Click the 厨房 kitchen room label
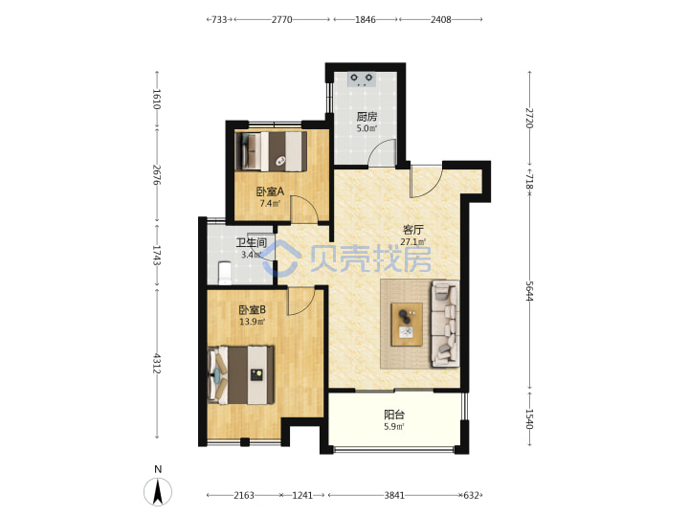pyautogui.click(x=367, y=117)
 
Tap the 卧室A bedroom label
pyautogui.click(x=270, y=191)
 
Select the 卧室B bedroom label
pyautogui.click(x=253, y=310)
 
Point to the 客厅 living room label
pyautogui.click(x=413, y=230)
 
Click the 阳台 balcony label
pyautogui.click(x=394, y=415)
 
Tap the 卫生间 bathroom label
pyautogui.click(x=252, y=242)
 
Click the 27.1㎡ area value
pyautogui.click(x=413, y=242)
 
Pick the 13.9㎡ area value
pyautogui.click(x=253, y=322)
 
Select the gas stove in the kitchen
pyautogui.click(x=362, y=79)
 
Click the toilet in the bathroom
pyautogui.click(x=225, y=273)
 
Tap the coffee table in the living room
pyautogui.click(x=407, y=324)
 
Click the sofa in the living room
pyautogui.click(x=445, y=324)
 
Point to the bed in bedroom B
pyautogui.click(x=241, y=375)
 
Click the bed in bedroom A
pyautogui.click(x=271, y=151)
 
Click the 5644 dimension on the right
pyautogui.click(x=529, y=291)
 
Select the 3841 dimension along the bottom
pyautogui.click(x=394, y=496)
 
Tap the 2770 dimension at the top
pyautogui.click(x=281, y=19)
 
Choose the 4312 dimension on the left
pyautogui.click(x=156, y=363)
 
